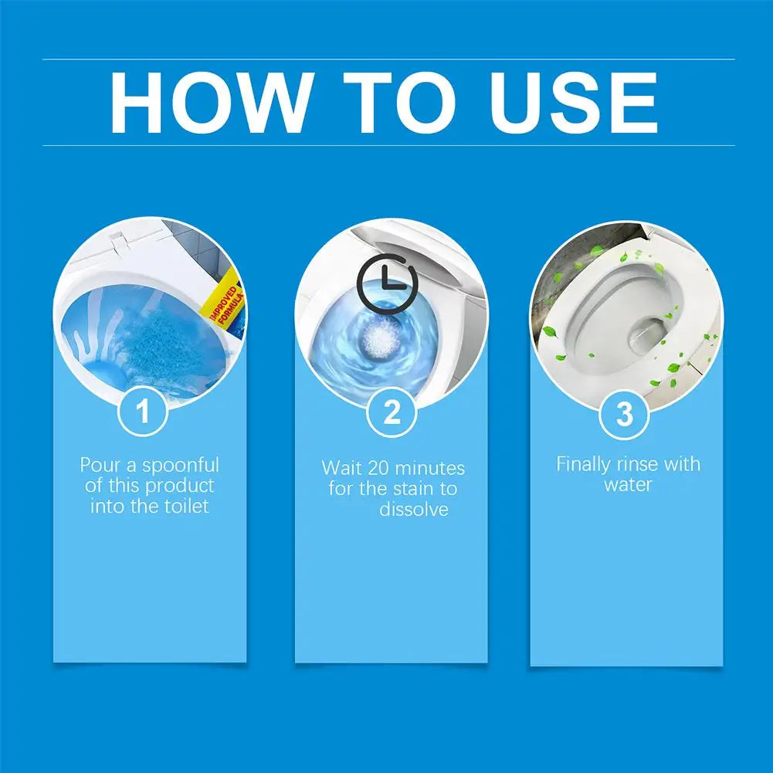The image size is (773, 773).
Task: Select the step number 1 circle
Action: point(143,412)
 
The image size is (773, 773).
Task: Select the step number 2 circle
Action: point(392,413)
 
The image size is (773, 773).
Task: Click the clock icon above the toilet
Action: point(386,284)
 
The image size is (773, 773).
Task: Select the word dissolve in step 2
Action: point(414,510)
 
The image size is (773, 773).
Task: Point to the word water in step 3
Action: point(628,485)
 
